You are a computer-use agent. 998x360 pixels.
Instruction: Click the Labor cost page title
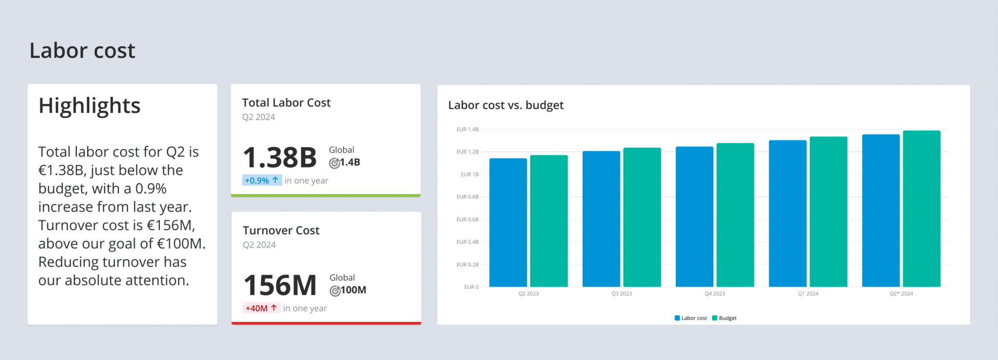(82, 51)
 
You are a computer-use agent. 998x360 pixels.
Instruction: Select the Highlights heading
(89, 106)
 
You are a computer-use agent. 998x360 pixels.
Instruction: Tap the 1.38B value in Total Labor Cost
(280, 158)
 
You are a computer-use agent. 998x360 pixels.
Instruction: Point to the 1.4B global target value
(349, 163)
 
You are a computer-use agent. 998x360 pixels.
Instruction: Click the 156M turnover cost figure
(280, 285)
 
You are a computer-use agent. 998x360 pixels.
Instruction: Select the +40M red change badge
(261, 308)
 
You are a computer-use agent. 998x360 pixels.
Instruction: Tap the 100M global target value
(353, 290)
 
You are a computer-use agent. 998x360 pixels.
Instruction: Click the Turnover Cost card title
(281, 230)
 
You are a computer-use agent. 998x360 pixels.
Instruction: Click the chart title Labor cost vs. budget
(505, 105)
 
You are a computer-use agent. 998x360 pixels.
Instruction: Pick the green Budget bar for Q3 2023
(642, 217)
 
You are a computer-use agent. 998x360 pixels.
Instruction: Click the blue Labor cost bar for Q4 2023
(694, 217)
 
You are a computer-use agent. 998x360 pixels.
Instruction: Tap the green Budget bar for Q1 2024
(828, 212)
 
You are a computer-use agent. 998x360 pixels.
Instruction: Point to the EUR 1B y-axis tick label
(469, 174)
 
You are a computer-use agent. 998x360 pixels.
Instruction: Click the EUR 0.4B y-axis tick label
(467, 242)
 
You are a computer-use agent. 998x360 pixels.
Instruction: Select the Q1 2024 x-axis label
(808, 294)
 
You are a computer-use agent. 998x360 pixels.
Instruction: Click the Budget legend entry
(725, 318)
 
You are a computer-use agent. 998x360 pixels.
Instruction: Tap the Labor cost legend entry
(691, 318)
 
